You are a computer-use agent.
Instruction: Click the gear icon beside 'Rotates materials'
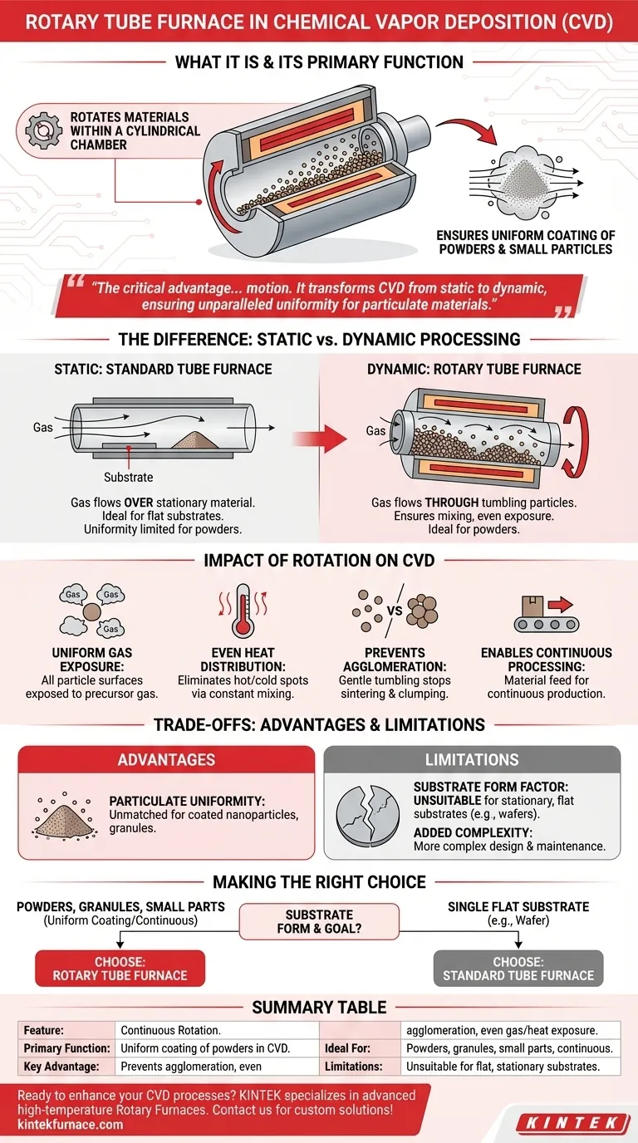(x=44, y=130)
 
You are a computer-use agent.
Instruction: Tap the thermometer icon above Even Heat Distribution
(x=243, y=611)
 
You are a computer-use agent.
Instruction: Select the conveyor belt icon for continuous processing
(x=547, y=614)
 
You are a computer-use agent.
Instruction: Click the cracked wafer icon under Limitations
(x=367, y=816)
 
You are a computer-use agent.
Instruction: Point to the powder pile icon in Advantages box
(x=64, y=816)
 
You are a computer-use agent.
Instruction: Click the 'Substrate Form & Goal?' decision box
(x=319, y=921)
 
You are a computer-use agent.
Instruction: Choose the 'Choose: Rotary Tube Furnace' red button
(x=120, y=968)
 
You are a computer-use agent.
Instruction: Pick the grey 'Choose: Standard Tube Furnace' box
(x=518, y=968)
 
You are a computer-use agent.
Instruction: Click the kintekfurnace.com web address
(x=71, y=1124)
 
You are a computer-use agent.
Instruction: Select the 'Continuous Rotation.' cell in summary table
(x=170, y=1030)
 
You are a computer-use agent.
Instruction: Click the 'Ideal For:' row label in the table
(x=347, y=1048)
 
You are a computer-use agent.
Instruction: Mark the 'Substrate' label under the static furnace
(x=129, y=477)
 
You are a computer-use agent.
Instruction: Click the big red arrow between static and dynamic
(x=320, y=439)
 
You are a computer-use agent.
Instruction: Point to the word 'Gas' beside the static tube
(x=43, y=427)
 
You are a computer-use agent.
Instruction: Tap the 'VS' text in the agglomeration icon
(x=395, y=611)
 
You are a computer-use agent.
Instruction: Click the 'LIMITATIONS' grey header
(x=472, y=760)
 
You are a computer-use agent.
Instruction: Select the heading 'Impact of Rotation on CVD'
(x=319, y=560)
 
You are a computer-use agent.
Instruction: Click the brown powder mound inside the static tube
(x=195, y=440)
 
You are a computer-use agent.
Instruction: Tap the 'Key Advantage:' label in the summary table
(x=61, y=1067)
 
